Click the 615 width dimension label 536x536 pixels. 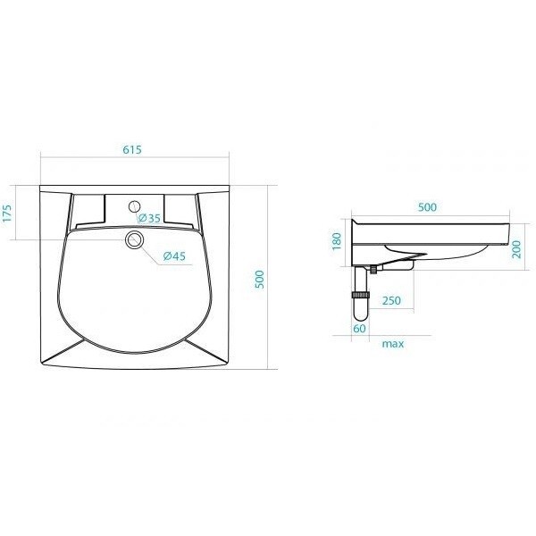132,150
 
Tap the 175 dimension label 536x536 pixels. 7,213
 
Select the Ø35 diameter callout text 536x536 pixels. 149,218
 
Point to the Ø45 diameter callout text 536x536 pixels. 174,255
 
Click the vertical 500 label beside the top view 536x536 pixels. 260,280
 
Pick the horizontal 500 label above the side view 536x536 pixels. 427,207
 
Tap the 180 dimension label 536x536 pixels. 337,241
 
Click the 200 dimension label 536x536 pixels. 516,249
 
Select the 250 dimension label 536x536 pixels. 391,300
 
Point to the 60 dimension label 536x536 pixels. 360,329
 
